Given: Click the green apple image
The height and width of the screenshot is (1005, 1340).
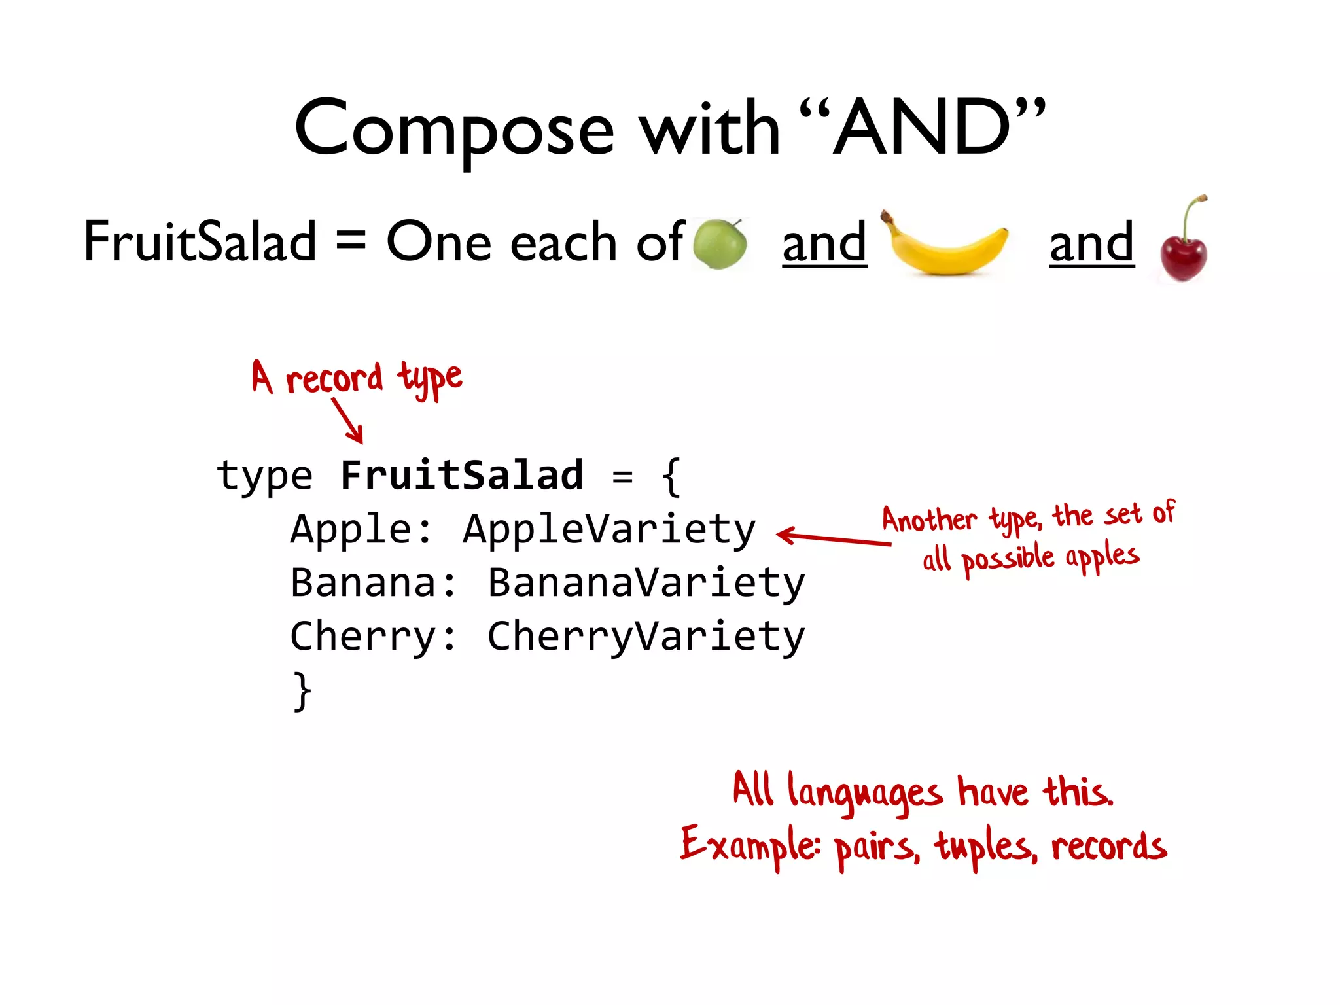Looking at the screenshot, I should point(720,243).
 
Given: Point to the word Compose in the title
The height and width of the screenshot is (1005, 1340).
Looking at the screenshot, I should point(454,130).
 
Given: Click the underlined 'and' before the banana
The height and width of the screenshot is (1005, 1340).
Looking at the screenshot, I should point(824,242).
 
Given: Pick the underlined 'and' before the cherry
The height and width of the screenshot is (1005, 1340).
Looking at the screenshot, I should point(1091,242).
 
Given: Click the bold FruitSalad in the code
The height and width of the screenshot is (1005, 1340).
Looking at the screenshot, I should point(461,475).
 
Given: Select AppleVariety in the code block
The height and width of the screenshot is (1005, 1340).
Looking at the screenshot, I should point(608,529).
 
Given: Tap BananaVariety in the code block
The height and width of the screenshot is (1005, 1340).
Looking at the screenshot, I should point(646,582).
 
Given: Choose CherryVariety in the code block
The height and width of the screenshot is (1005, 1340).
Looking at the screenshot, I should point(646,636).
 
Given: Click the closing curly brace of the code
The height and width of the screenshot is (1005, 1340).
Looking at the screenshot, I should point(302,691).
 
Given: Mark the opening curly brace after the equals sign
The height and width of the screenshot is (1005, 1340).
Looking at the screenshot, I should point(671,476).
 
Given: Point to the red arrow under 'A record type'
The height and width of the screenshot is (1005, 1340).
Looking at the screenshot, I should point(347,421).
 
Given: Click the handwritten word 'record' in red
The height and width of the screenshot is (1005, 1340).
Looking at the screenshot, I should point(334,378).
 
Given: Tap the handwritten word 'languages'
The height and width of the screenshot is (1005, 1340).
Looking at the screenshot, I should point(865,793).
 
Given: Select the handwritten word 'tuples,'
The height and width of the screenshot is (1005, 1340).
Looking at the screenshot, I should point(985,847).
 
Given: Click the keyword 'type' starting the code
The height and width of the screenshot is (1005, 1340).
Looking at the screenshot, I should point(264,476).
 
